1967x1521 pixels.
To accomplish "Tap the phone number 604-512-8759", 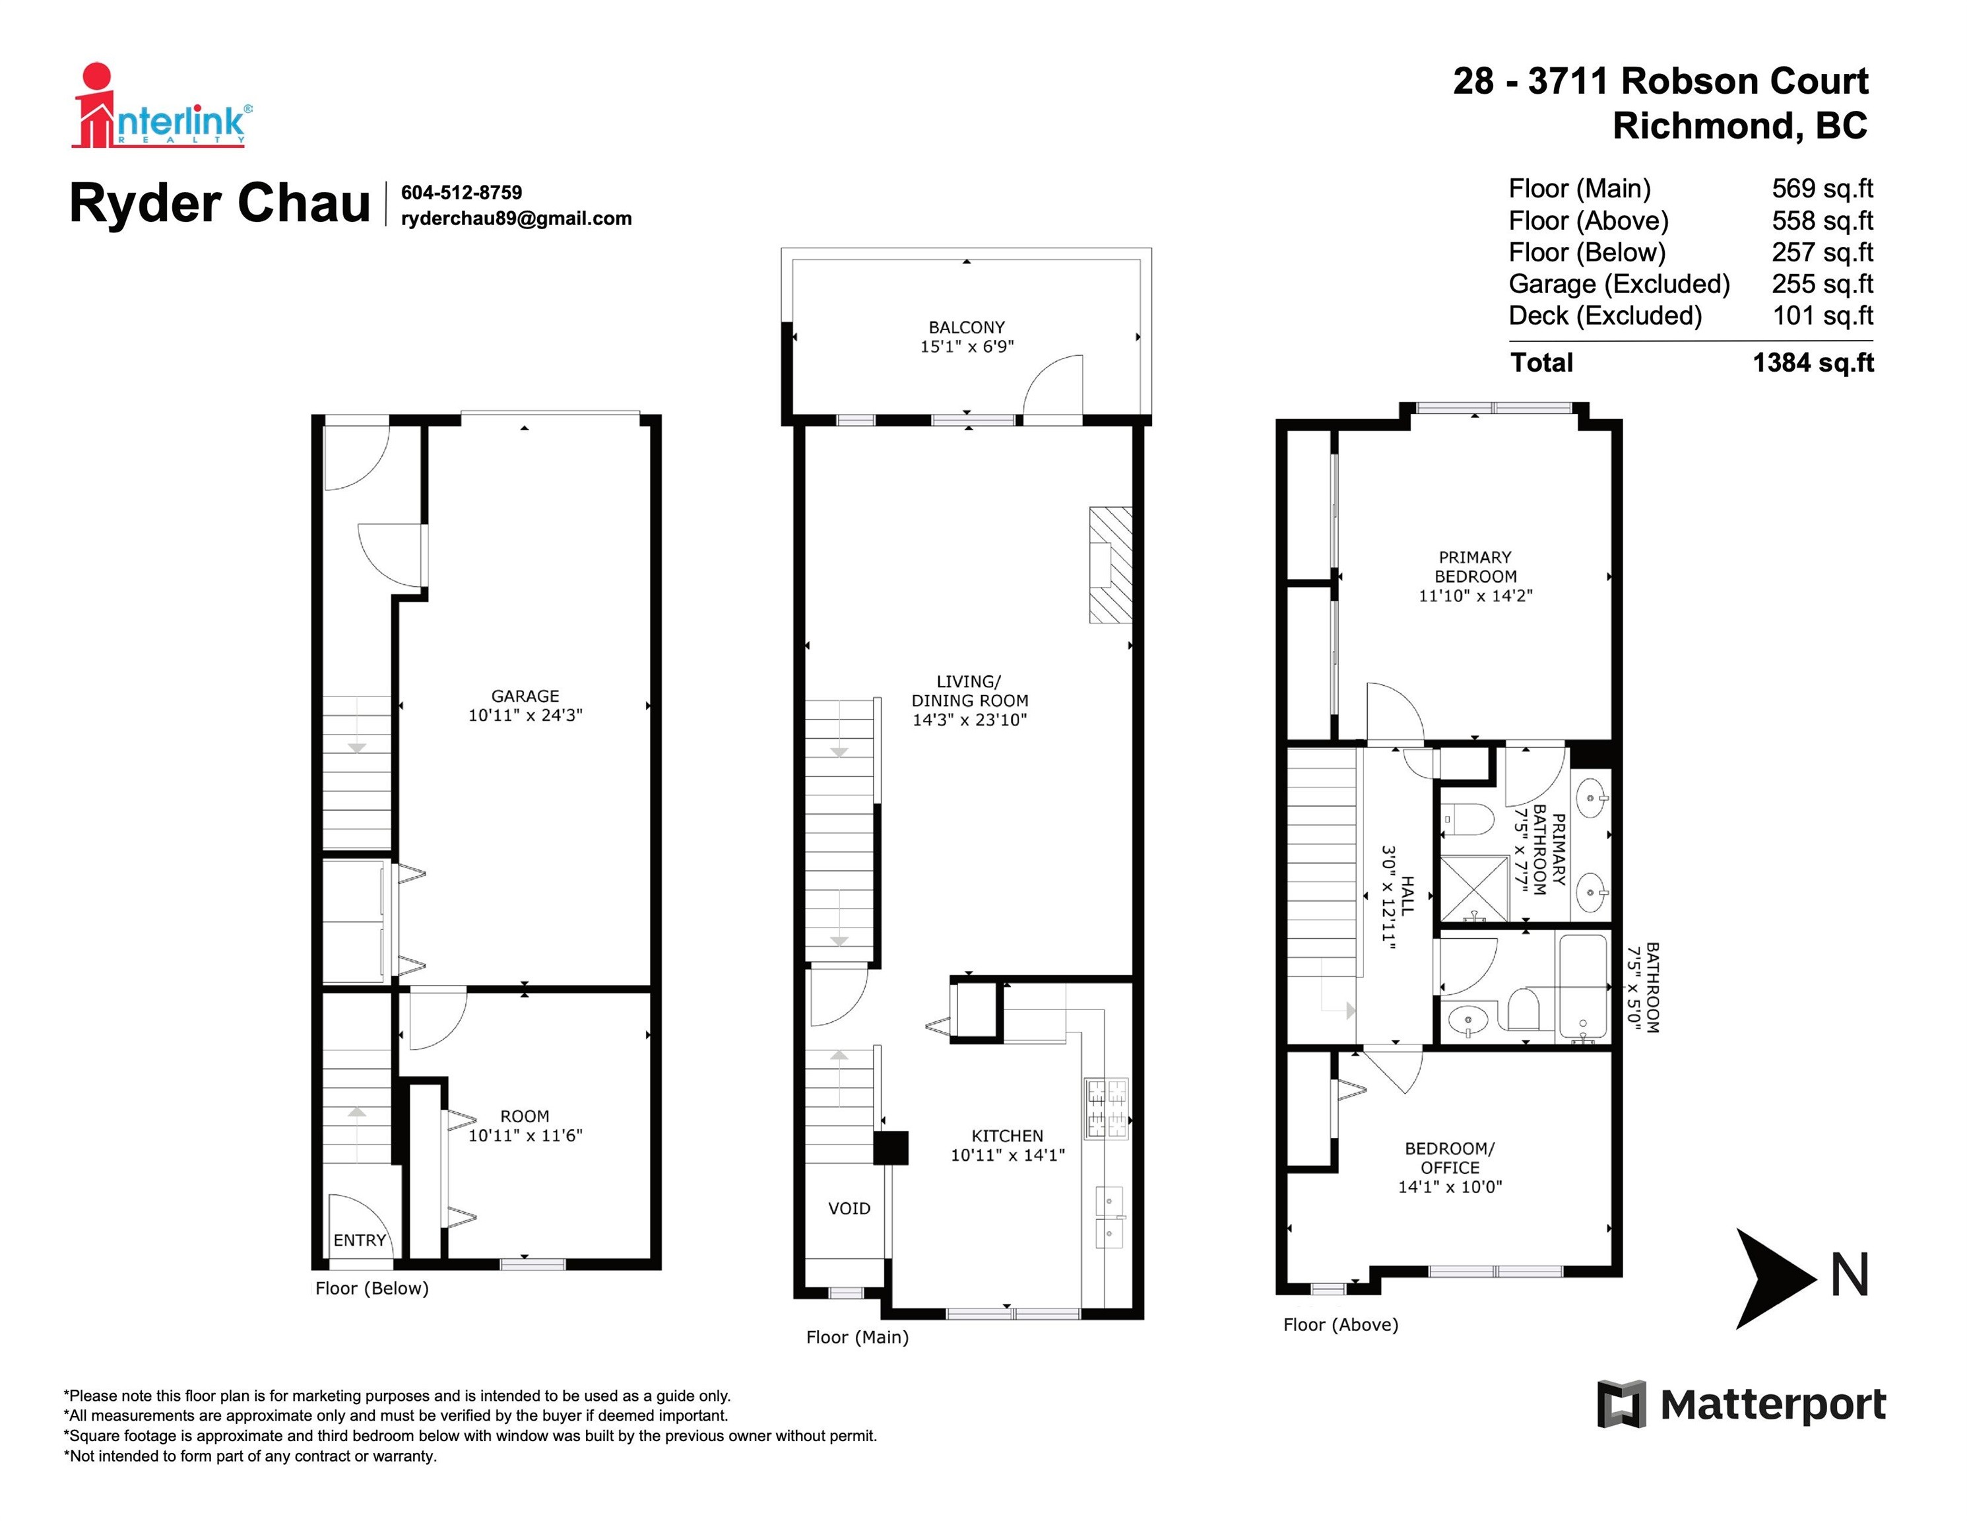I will tap(461, 193).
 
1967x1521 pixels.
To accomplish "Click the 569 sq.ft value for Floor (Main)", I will tap(1822, 189).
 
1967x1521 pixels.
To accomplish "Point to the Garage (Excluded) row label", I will tap(1619, 285).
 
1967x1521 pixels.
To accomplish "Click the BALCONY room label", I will tap(967, 327).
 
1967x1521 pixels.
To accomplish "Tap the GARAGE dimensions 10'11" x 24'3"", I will tap(525, 716).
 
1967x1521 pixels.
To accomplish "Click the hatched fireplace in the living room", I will tap(1111, 565).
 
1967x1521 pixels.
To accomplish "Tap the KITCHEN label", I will tap(1007, 1136).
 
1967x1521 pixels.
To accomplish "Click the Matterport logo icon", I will tap(1621, 1404).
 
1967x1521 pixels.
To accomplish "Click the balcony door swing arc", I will tap(1052, 386).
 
